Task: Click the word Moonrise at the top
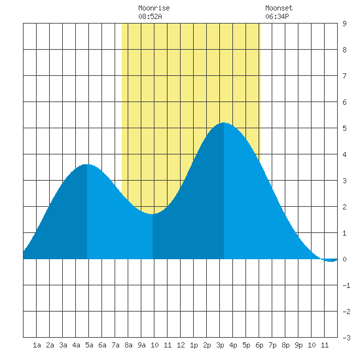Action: tap(154, 8)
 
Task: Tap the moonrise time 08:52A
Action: tap(150, 16)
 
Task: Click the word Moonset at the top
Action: tap(279, 8)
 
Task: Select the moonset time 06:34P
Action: tap(277, 16)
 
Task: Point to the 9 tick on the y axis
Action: tap(344, 24)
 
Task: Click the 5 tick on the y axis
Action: tap(344, 128)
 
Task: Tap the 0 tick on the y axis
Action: tap(344, 259)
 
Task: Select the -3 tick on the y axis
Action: tap(346, 338)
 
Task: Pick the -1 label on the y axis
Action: tap(346, 285)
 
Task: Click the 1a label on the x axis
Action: tap(37, 345)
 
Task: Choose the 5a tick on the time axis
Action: tap(89, 345)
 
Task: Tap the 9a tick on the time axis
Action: tap(141, 345)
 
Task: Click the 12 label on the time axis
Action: tap(181, 345)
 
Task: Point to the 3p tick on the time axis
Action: tap(220, 345)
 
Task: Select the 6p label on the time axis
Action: tap(259, 345)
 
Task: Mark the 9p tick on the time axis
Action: tap(298, 345)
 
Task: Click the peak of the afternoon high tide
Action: tap(224, 123)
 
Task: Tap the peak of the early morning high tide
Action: tap(87, 164)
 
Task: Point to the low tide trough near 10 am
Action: tap(153, 214)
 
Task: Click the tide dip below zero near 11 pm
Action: tap(331, 261)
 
